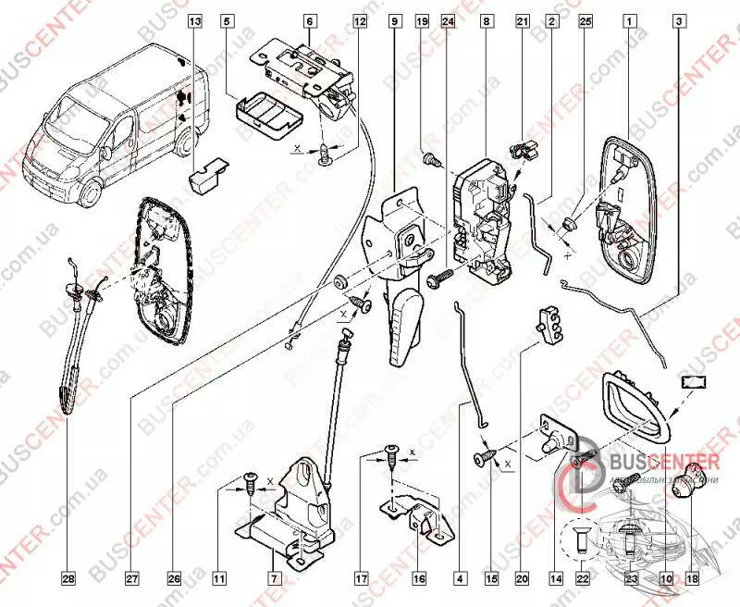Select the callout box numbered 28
click(68, 579)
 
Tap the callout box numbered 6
click(309, 19)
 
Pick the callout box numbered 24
click(448, 19)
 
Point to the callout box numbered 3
click(680, 19)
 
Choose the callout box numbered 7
click(274, 579)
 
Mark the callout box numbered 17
click(361, 579)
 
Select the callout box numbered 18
click(691, 579)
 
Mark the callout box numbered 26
click(172, 579)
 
